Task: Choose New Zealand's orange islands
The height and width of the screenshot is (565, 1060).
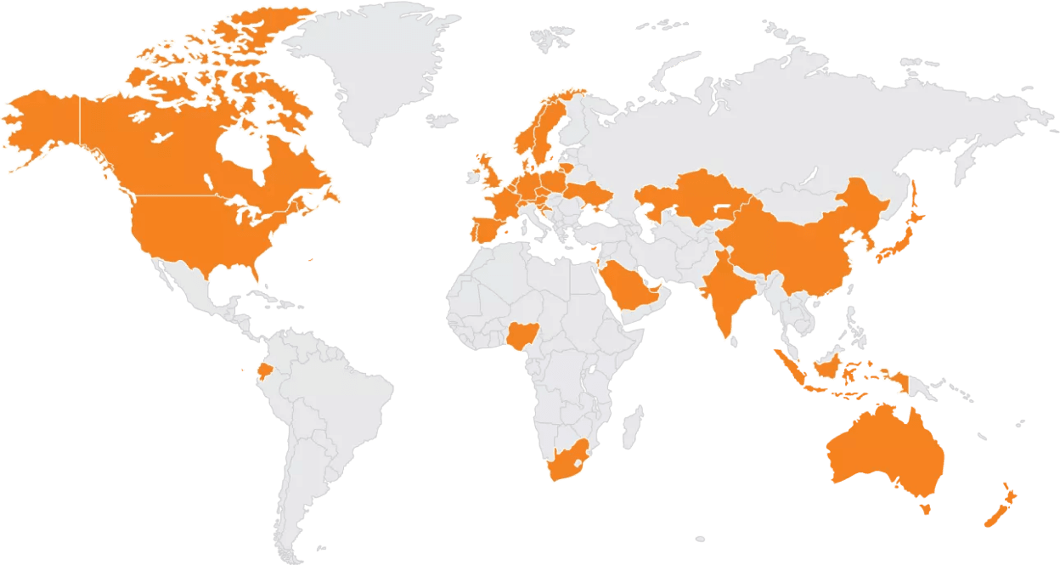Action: tap(1002, 506)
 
